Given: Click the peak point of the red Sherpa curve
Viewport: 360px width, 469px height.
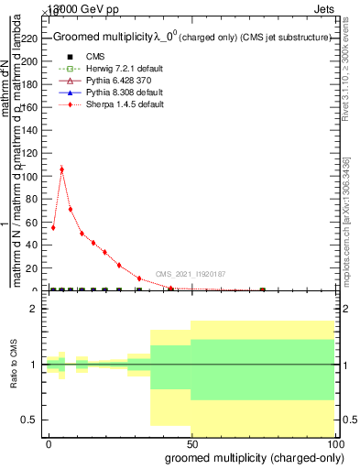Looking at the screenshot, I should (61, 169).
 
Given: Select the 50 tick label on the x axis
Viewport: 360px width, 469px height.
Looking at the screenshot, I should (191, 442).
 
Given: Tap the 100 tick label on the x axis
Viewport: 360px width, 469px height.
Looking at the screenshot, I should (334, 442).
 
